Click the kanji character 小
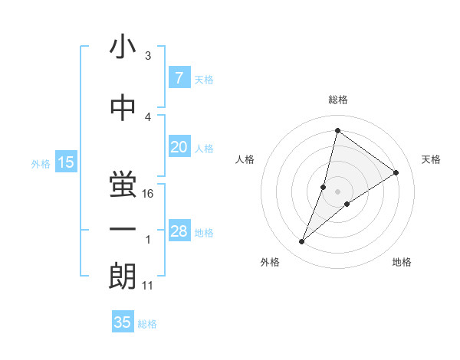click(x=123, y=49)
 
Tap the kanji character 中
click(x=123, y=107)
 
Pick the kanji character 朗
click(x=123, y=276)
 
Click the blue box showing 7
click(x=179, y=78)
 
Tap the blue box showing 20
click(x=179, y=147)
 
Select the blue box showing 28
click(x=179, y=231)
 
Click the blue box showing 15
click(x=65, y=162)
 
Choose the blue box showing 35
click(x=123, y=322)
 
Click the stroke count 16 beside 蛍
click(x=149, y=194)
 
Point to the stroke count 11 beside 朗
click(x=149, y=286)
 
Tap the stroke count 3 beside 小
click(x=148, y=56)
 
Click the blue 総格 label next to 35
click(x=147, y=324)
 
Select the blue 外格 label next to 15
click(x=40, y=163)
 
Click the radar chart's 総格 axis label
click(x=337, y=100)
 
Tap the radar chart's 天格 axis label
click(x=432, y=159)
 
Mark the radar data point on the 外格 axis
click(x=302, y=242)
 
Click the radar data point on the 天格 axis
click(x=396, y=172)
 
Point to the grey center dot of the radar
click(x=337, y=191)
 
